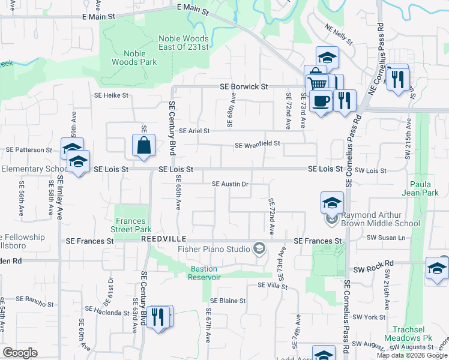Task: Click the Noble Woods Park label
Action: (134, 58)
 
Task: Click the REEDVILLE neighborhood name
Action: (161, 239)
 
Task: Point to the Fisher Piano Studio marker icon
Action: (259, 248)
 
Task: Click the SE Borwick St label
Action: (243, 86)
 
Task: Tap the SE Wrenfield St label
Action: (258, 144)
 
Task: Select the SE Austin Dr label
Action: (231, 184)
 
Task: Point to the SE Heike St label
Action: (111, 95)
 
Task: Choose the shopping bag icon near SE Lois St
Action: (144, 145)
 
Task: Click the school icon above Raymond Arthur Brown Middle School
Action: (332, 203)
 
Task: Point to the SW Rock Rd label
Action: (373, 263)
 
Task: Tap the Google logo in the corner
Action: (20, 353)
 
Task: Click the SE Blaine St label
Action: (228, 301)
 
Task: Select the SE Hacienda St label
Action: (106, 311)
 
